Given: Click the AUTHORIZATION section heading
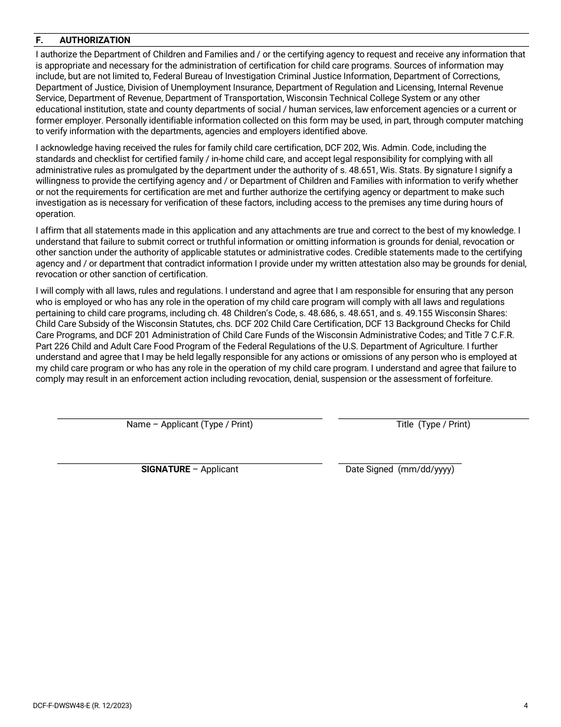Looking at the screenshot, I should coord(94,40).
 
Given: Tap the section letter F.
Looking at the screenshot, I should coord(39,40).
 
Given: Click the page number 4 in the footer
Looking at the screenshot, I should coord(526,705).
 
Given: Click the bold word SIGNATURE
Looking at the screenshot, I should coord(165,469).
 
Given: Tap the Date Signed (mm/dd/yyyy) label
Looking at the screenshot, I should coord(400,469).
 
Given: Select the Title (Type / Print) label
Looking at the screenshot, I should coord(433,424).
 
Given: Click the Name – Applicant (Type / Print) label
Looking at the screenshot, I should coord(189,424).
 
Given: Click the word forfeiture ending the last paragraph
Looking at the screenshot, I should coord(471,379).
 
